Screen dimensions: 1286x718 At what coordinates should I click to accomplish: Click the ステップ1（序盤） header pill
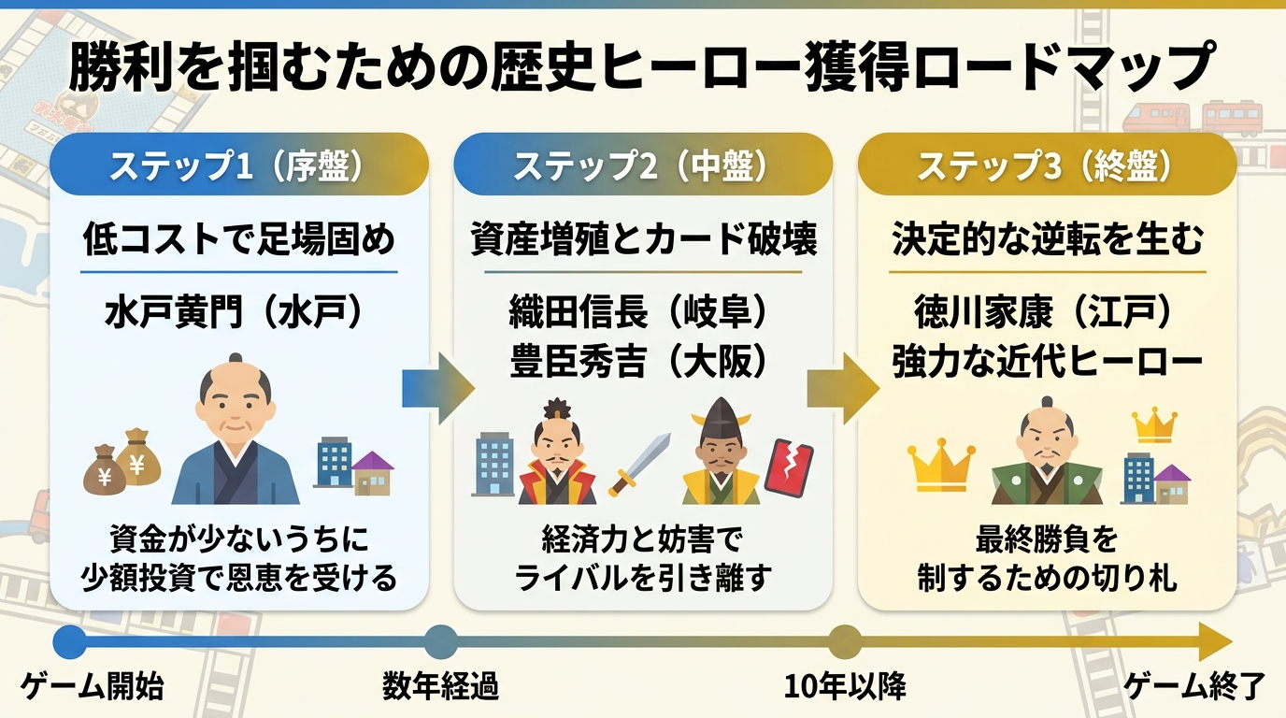click(239, 165)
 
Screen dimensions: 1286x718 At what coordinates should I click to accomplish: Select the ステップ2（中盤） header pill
click(643, 165)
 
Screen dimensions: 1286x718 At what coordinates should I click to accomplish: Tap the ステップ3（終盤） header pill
click(1047, 165)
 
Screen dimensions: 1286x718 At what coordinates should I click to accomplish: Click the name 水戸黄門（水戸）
click(235, 313)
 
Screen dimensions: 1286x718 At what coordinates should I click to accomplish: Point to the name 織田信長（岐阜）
click(638, 313)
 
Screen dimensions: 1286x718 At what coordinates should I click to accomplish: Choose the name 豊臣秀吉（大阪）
click(638, 362)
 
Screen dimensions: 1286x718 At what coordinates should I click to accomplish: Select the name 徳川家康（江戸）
click(1043, 313)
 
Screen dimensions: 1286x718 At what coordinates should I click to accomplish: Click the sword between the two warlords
click(639, 464)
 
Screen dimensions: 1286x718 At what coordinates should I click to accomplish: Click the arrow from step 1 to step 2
click(438, 389)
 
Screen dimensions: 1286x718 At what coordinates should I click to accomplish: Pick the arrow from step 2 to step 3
click(843, 389)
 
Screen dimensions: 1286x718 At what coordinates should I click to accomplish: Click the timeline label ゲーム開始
click(93, 686)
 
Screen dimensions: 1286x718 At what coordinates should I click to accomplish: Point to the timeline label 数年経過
click(440, 686)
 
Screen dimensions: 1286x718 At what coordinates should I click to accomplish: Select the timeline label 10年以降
click(845, 686)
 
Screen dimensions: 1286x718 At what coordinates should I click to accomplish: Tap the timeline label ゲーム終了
click(1194, 686)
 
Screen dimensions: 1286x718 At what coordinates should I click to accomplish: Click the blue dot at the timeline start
click(70, 641)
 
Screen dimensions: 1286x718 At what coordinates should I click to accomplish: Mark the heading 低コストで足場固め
click(239, 239)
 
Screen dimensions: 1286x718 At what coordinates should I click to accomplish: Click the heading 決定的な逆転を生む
click(1047, 239)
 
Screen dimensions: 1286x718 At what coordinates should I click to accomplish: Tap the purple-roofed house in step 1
click(373, 473)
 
